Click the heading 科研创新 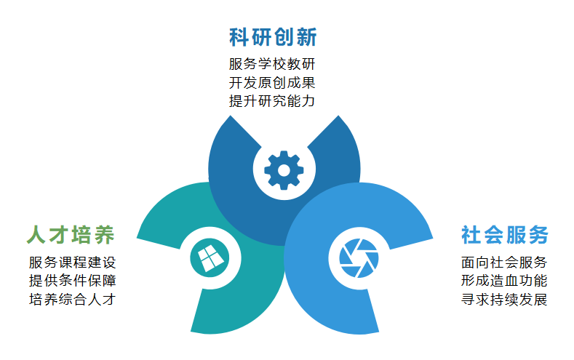click(273, 37)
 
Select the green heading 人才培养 click(71, 234)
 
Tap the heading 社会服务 click(505, 234)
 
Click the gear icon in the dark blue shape click(284, 170)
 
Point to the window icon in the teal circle click(210, 257)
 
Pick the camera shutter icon click(359, 258)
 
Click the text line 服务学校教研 click(272, 64)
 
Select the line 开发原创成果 click(272, 83)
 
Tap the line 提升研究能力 click(272, 101)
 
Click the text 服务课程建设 click(73, 263)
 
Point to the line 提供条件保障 click(73, 281)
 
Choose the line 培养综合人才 click(73, 299)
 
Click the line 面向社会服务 click(504, 263)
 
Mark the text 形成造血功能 click(504, 281)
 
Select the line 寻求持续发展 click(504, 299)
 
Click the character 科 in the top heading click(239, 37)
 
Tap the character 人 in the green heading click(36, 234)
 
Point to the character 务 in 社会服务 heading click(538, 234)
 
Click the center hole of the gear click(284, 170)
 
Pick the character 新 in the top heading click(307, 37)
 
